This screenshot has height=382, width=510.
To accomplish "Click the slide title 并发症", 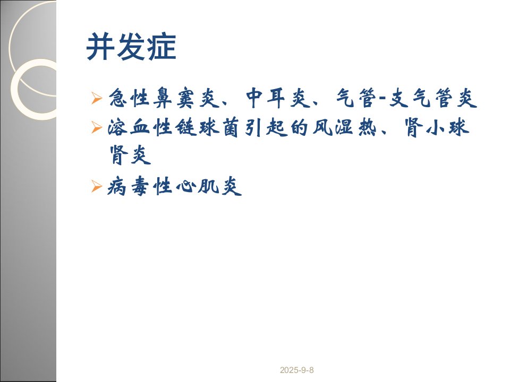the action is (x=131, y=47).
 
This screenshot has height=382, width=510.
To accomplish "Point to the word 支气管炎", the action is (x=433, y=98).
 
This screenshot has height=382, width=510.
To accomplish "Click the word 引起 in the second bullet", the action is (x=266, y=127).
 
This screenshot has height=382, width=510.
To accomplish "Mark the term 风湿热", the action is (x=344, y=127).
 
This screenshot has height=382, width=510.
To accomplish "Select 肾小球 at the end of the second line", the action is (x=437, y=127).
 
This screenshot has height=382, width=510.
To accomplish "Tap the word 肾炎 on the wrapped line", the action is (x=130, y=155).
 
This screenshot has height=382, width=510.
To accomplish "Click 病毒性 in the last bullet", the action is (x=140, y=186).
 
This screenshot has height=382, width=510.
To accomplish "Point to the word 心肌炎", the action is (x=209, y=186).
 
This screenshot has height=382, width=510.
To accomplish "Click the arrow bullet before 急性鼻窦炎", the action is (x=97, y=98).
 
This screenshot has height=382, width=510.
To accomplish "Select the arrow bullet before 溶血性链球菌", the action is (x=97, y=127).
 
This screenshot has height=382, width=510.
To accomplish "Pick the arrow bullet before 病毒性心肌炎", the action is (x=97, y=186).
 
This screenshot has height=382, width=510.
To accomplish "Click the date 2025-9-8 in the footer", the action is (x=296, y=370).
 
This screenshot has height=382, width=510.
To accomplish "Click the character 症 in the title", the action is (x=161, y=47).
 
